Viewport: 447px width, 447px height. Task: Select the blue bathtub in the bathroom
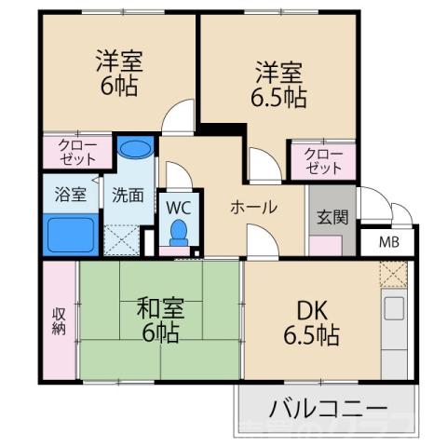point(71,235)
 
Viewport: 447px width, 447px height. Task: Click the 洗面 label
point(128,196)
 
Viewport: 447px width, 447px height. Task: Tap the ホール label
point(253,208)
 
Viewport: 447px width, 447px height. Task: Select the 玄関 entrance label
point(332,219)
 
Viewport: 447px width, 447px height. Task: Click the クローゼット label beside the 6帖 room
point(76,152)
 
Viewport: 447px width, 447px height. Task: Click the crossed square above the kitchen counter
point(392,276)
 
